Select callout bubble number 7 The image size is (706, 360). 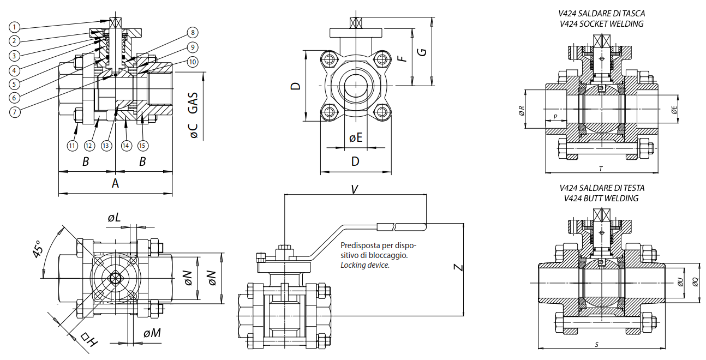15,111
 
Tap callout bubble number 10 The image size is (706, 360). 192,62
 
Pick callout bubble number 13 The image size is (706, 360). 106,146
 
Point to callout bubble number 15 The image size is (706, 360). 142,146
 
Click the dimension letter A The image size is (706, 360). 115,183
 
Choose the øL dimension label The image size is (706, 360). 114,218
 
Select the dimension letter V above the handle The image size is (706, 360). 354,189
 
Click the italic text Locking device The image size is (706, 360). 365,265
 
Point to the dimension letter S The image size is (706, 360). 596,344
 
